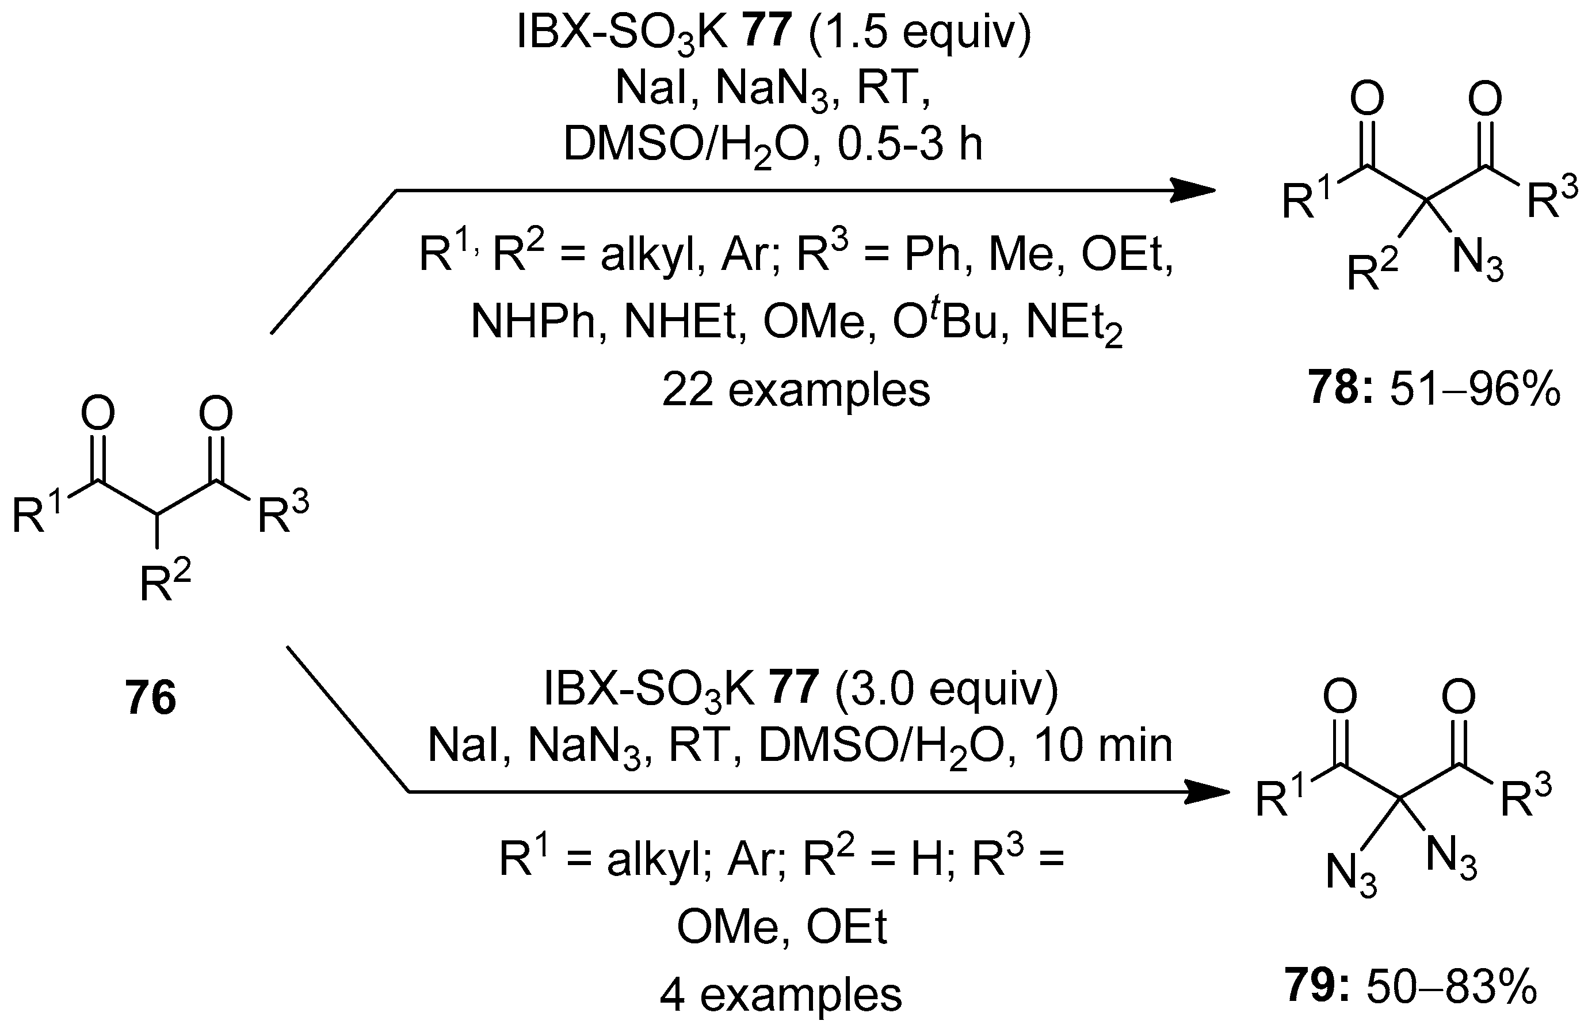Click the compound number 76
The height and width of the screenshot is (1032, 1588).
151,698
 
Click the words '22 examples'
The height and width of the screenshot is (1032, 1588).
795,390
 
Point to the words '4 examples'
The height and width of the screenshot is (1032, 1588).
781,995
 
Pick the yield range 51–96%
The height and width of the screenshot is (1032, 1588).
1475,390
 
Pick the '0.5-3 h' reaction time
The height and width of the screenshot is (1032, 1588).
910,144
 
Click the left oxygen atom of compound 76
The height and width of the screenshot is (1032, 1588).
98,414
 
